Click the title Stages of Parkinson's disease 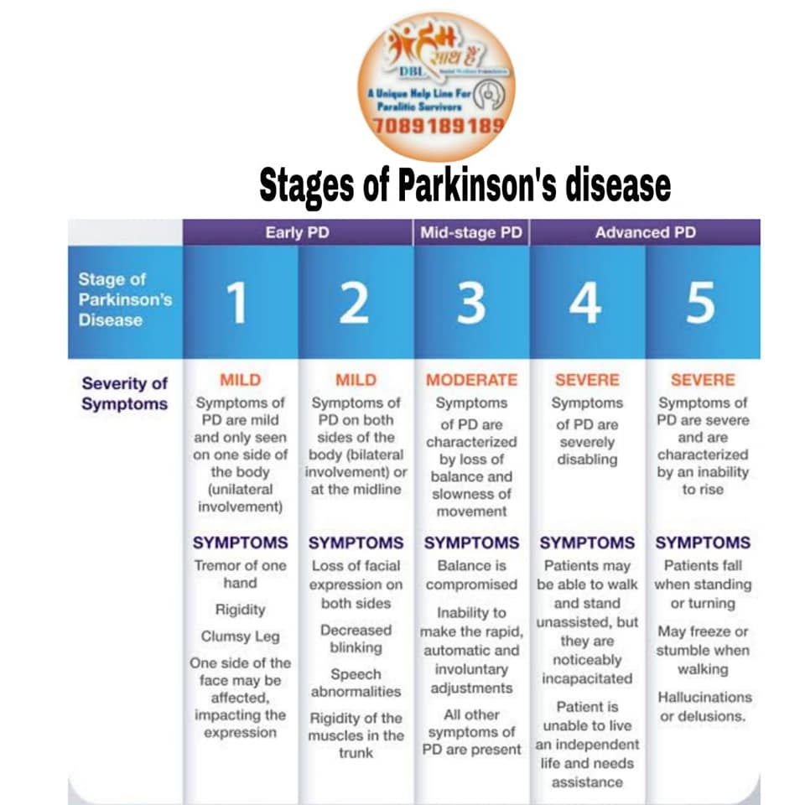click(x=465, y=185)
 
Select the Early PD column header click(x=298, y=233)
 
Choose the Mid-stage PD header click(x=471, y=233)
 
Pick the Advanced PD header click(x=645, y=233)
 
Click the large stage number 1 click(x=238, y=303)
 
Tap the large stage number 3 click(x=470, y=303)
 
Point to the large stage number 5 click(x=702, y=303)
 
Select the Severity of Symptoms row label click(x=124, y=393)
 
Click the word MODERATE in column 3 click(x=471, y=380)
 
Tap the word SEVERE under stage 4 click(x=587, y=380)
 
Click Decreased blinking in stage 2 click(x=356, y=638)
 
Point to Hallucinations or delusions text click(x=705, y=706)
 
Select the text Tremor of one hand click(x=240, y=574)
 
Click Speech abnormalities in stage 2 click(x=356, y=683)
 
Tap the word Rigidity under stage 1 click(x=240, y=610)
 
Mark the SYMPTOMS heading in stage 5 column click(x=703, y=543)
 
